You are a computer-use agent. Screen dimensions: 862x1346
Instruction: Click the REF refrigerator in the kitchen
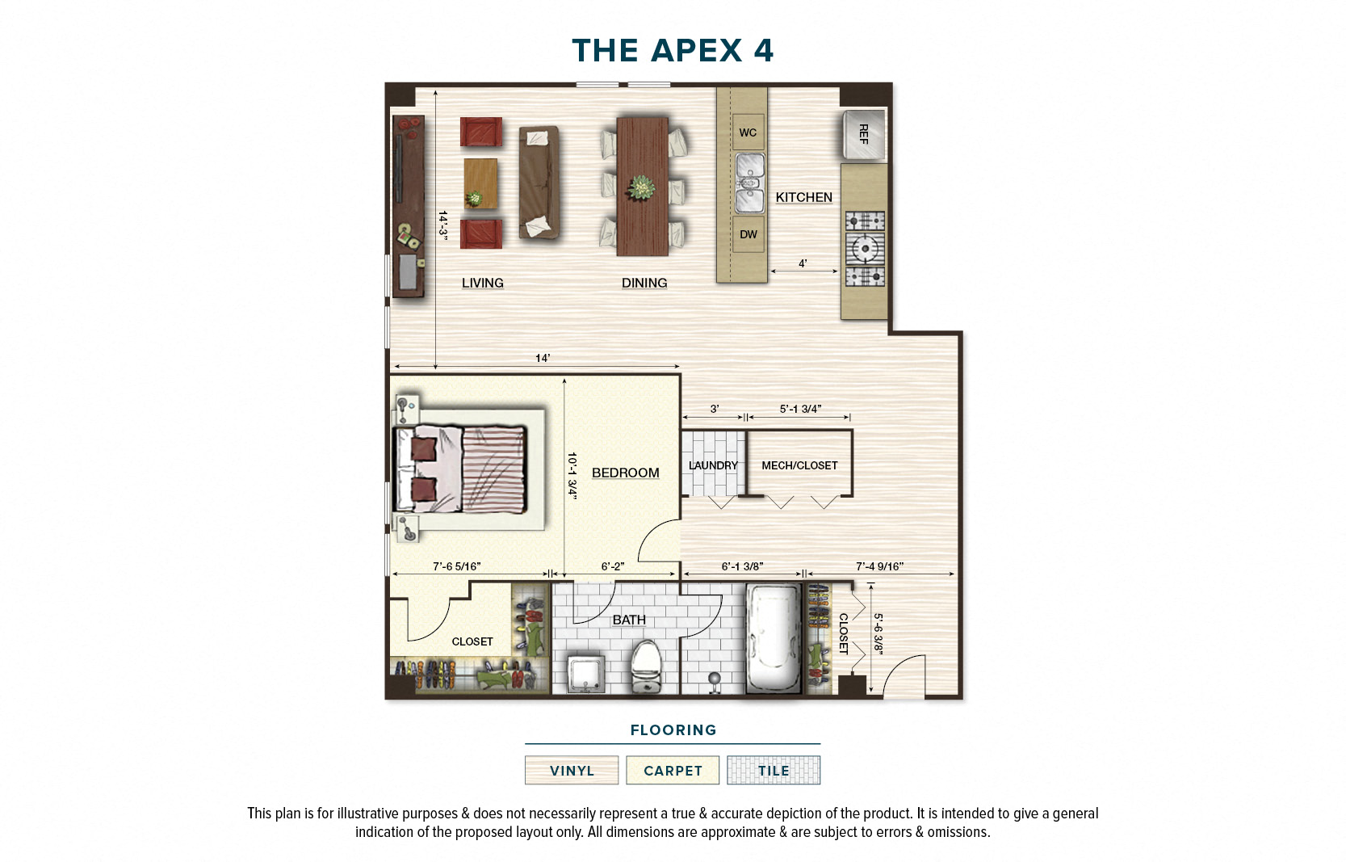tap(863, 134)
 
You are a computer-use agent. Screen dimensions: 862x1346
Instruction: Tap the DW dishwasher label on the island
tap(748, 234)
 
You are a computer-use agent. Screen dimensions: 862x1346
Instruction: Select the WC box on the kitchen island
tap(748, 132)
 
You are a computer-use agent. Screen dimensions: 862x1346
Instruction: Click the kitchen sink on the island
tap(749, 183)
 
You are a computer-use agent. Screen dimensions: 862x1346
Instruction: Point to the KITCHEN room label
tap(803, 197)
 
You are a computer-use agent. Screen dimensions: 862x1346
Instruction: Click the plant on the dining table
tap(642, 188)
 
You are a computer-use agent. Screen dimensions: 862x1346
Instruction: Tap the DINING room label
tap(644, 283)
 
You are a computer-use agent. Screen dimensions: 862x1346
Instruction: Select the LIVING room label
tap(483, 283)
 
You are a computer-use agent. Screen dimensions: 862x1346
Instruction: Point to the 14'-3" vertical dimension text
tap(443, 224)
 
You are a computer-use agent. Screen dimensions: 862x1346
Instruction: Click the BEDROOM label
tap(625, 473)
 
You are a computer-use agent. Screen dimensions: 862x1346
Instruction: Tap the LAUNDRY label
tap(713, 465)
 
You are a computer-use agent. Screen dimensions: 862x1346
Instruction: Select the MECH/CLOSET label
tap(799, 465)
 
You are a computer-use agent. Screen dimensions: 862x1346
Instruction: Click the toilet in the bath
tap(646, 666)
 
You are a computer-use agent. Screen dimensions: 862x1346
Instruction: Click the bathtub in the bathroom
tap(773, 638)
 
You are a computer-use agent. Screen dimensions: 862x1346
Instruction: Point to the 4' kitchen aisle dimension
tap(803, 263)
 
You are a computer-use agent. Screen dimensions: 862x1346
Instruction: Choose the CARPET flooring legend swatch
tap(673, 770)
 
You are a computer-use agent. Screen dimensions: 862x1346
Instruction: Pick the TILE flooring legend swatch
tap(773, 770)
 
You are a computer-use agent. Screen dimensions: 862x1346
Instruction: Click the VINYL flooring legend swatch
tap(572, 770)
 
